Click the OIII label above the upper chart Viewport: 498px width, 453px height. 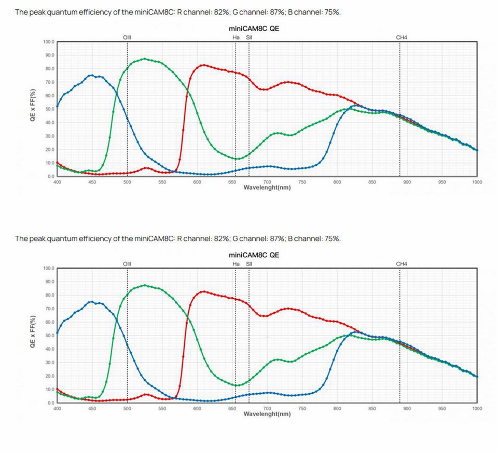point(127,37)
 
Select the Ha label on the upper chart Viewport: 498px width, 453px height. point(236,37)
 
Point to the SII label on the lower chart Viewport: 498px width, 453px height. point(249,264)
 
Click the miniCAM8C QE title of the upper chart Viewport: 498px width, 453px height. point(254,29)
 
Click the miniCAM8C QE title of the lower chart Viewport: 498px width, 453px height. point(254,255)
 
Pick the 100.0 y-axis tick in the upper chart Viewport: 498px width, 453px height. point(49,42)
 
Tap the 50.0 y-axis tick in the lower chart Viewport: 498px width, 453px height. point(49,336)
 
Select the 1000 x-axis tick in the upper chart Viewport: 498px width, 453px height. point(477,182)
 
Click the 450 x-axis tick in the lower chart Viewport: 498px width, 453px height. point(92,409)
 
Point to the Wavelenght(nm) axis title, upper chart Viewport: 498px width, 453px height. point(267,188)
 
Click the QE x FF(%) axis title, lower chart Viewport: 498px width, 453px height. point(33,331)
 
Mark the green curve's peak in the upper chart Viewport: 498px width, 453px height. point(144,59)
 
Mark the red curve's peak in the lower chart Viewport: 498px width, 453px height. point(203,291)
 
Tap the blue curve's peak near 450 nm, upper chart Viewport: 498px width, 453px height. point(91,75)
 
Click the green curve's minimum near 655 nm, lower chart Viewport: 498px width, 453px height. point(237,385)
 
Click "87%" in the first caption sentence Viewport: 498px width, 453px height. point(278,12)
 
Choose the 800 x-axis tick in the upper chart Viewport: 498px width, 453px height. point(337,182)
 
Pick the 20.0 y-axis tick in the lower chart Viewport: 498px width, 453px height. point(49,376)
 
